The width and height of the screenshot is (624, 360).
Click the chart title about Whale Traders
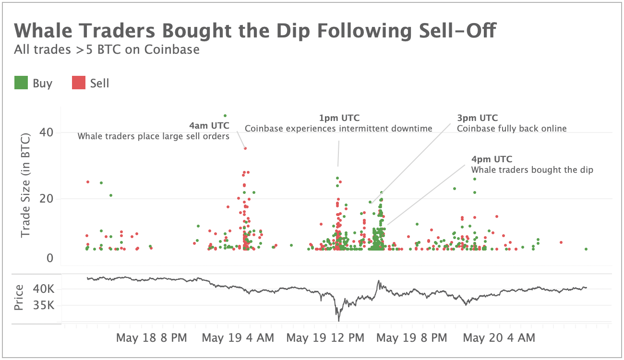255,31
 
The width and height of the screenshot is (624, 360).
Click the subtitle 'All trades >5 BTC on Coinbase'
107,49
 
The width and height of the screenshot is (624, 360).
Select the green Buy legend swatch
21,83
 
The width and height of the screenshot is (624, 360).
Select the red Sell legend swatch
79,83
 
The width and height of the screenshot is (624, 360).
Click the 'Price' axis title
19,298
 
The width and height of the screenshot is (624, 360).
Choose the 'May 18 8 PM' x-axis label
152,338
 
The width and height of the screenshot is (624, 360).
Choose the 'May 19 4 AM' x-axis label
238,338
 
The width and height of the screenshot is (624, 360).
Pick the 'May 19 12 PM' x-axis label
325,338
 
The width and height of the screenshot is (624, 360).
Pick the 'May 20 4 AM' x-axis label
499,338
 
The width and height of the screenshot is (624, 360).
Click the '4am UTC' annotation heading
209,126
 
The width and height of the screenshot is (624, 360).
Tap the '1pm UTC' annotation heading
339,118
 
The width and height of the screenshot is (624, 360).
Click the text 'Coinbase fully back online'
512,129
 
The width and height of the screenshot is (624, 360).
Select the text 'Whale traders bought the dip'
532,170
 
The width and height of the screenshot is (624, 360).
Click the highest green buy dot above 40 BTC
225,116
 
